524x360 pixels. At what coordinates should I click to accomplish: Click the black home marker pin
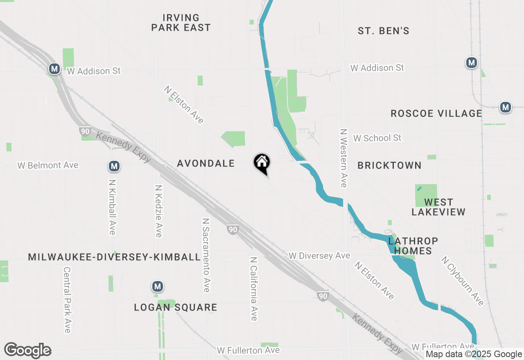pyautogui.click(x=262, y=163)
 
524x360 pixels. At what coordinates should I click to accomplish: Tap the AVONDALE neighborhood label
pyautogui.click(x=206, y=164)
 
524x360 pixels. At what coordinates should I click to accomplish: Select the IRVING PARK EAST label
pyautogui.click(x=181, y=23)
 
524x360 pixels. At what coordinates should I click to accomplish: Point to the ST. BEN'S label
pyautogui.click(x=384, y=31)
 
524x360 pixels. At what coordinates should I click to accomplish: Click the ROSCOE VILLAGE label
pyautogui.click(x=436, y=114)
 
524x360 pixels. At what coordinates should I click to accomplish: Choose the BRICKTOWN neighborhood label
pyautogui.click(x=389, y=166)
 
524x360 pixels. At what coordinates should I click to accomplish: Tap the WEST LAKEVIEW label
pyautogui.click(x=438, y=207)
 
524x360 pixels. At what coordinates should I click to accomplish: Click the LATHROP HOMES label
pyautogui.click(x=413, y=246)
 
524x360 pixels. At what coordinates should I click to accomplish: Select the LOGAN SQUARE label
pyautogui.click(x=176, y=308)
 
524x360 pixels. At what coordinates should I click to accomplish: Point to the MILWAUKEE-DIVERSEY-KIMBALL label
pyautogui.click(x=115, y=257)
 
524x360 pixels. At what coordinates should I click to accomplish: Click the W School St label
pyautogui.click(x=377, y=138)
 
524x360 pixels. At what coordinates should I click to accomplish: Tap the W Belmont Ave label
pyautogui.click(x=48, y=166)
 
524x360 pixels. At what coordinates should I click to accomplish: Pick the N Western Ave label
pyautogui.click(x=343, y=158)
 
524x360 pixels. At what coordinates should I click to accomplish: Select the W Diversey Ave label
pyautogui.click(x=319, y=256)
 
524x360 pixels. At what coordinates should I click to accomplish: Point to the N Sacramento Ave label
pyautogui.click(x=206, y=255)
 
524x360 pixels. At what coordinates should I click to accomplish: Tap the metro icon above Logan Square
pyautogui.click(x=157, y=286)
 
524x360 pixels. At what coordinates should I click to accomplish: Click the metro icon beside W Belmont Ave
pyautogui.click(x=114, y=166)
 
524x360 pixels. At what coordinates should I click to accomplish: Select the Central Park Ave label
pyautogui.click(x=68, y=300)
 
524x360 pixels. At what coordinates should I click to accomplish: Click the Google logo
pyautogui.click(x=27, y=351)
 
